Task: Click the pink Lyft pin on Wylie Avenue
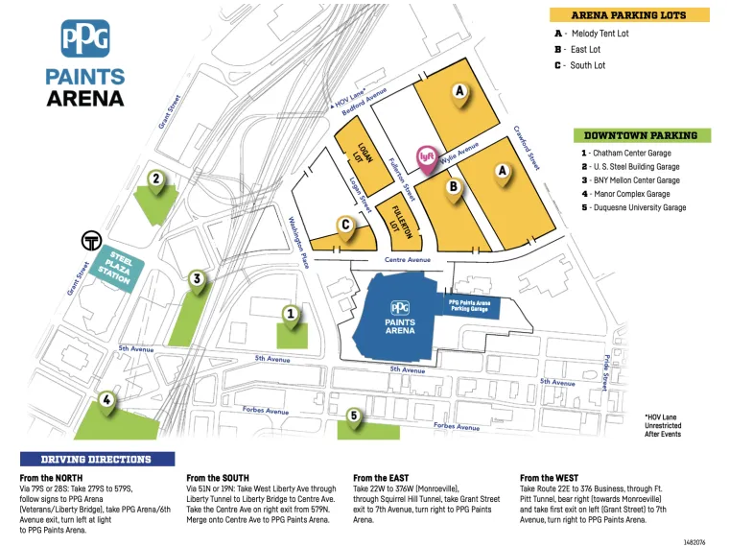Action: coord(427,156)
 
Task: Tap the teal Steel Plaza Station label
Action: coord(119,267)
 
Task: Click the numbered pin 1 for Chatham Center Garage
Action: coord(291,314)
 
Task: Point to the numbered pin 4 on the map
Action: coord(107,400)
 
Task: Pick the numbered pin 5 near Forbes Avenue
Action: coord(354,416)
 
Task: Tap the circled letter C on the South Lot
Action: coord(345,225)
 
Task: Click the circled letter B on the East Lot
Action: coord(453,188)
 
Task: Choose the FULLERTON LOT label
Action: coord(394,216)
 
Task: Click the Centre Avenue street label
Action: coord(408,259)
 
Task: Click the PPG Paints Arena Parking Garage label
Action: coord(469,305)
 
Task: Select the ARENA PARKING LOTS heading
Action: coord(628,15)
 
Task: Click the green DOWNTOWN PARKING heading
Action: coord(641,135)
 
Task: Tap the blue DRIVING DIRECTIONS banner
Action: coord(96,460)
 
